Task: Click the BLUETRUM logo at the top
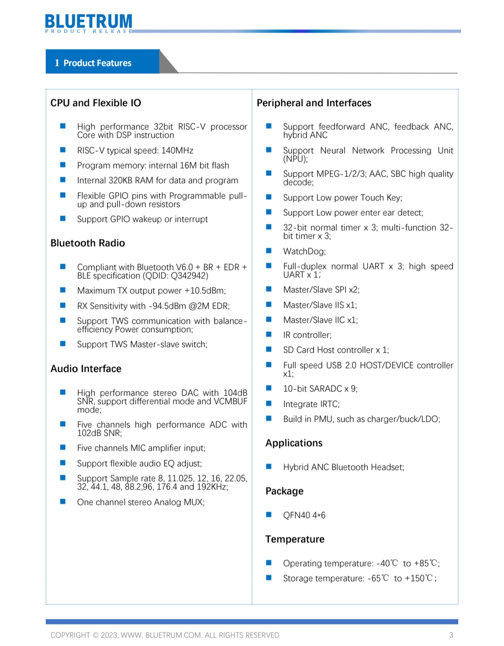[x=89, y=22]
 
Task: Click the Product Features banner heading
[x=97, y=63]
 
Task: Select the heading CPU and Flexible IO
[x=96, y=103]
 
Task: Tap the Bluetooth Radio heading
[x=88, y=243]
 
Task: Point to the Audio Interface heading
[x=86, y=369]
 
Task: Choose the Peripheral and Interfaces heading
[x=314, y=103]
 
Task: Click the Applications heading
[x=294, y=443]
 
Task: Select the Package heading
[x=285, y=491]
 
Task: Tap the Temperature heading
[x=295, y=539]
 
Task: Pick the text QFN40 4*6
[x=304, y=515]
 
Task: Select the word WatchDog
[x=304, y=251]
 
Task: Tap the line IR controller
[x=307, y=335]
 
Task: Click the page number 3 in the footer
[x=451, y=635]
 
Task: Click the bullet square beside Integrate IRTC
[x=269, y=403]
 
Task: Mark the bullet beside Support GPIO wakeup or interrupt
[x=63, y=218]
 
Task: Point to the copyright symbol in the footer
[x=96, y=635]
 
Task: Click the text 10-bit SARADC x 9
[x=320, y=389]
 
